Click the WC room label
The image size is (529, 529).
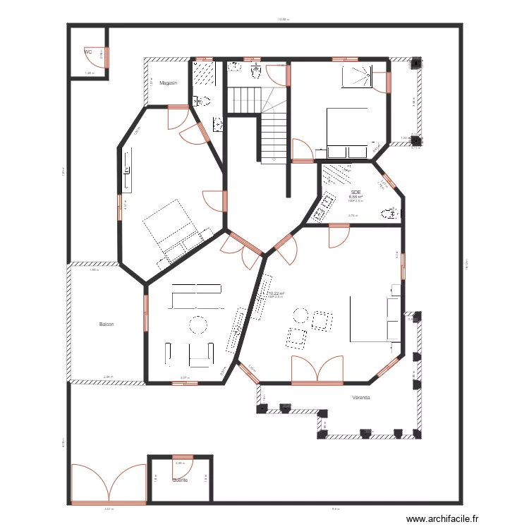point(87,51)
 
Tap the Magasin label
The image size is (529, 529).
point(168,83)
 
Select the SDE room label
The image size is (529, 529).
point(355,191)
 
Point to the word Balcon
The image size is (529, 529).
point(107,324)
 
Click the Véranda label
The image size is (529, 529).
point(362,398)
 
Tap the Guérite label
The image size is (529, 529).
point(180,480)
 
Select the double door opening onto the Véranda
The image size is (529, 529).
point(317,370)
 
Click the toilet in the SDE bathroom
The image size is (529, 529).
point(389,213)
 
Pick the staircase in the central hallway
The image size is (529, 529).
point(272,134)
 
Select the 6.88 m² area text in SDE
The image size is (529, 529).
point(355,197)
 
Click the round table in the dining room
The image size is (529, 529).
point(198,325)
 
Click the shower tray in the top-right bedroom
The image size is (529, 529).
point(356,76)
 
